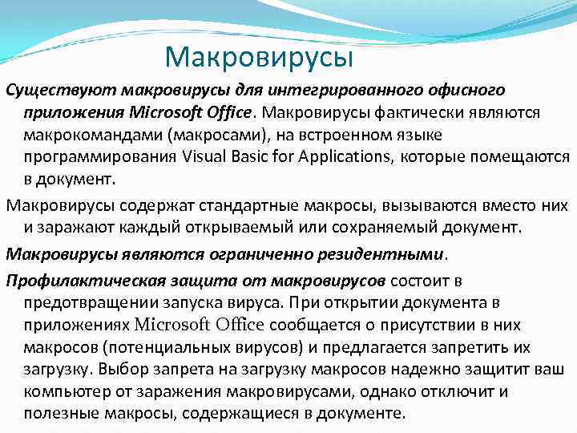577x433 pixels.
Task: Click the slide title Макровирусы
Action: [x=258, y=57]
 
